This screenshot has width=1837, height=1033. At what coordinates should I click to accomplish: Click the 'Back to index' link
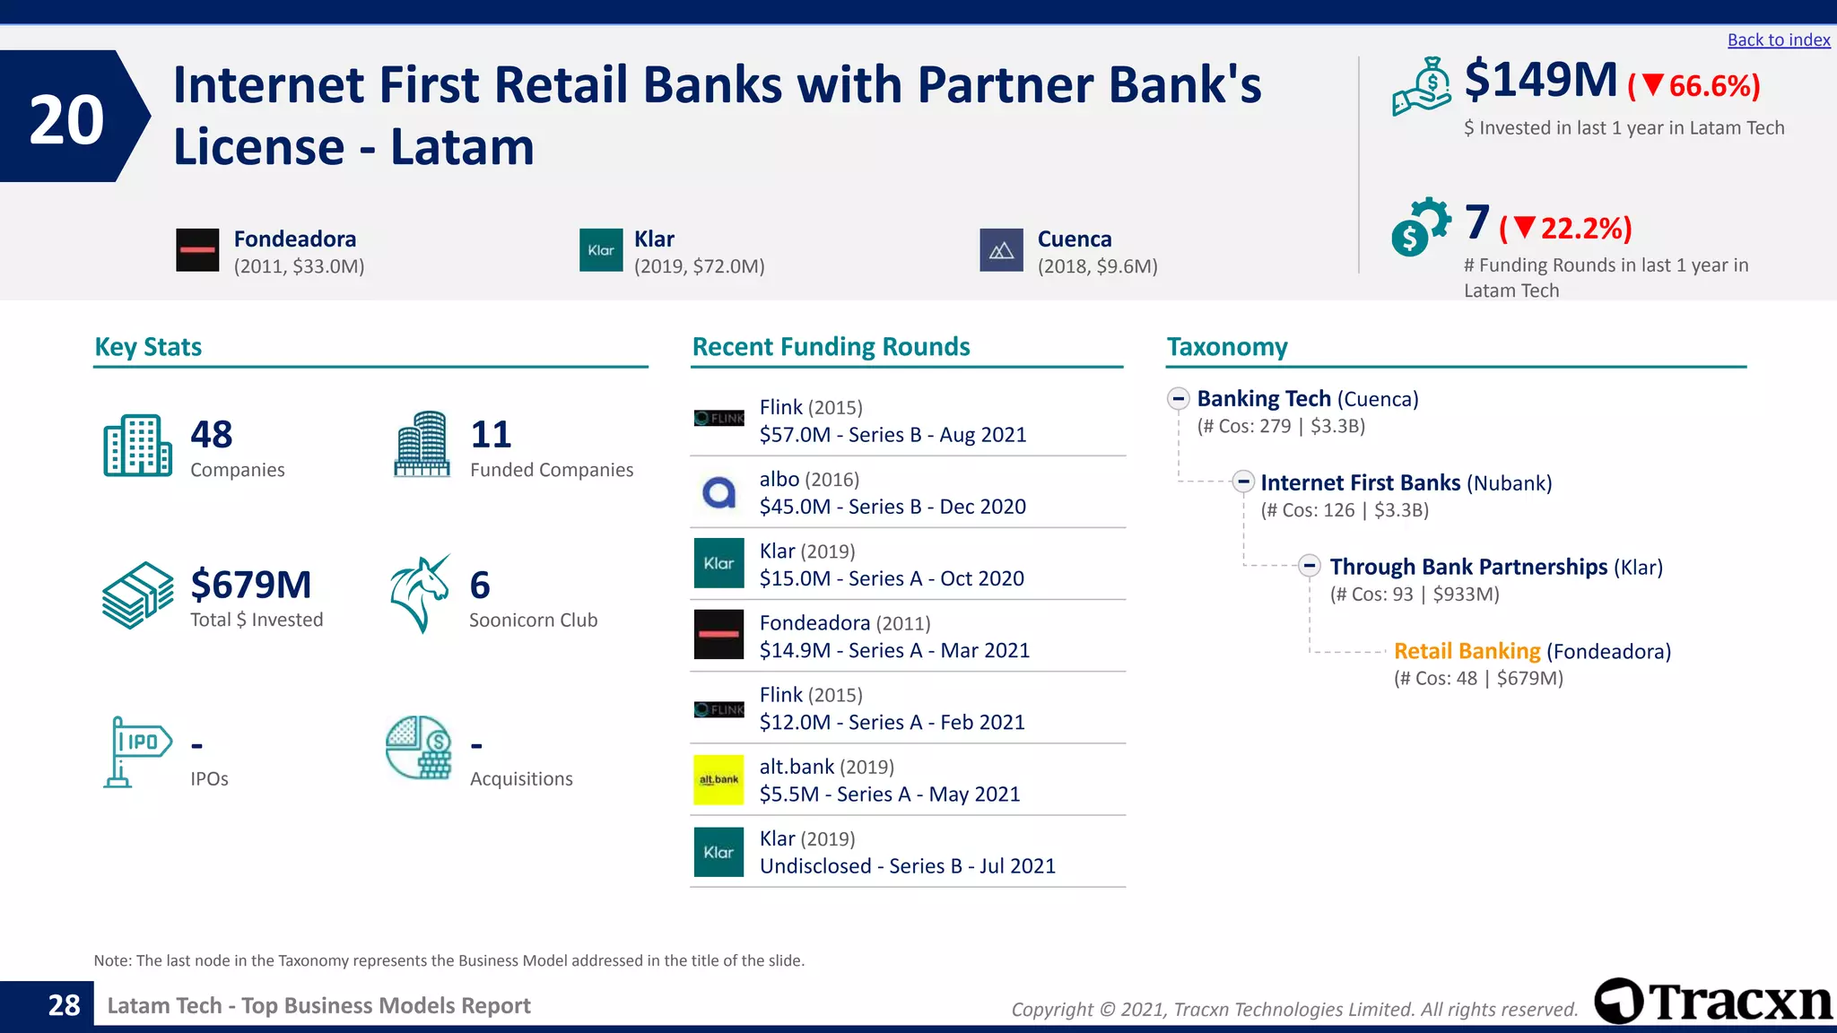[1778, 40]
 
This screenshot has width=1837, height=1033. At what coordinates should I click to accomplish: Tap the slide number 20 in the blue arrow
[66, 119]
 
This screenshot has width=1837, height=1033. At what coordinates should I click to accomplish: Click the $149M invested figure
[1540, 80]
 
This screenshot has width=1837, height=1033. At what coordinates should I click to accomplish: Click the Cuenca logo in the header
[1001, 250]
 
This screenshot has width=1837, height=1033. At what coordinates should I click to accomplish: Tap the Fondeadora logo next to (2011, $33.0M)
[197, 250]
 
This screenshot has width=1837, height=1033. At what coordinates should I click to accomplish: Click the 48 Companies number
[212, 435]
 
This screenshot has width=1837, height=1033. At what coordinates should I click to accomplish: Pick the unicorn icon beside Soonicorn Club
[420, 594]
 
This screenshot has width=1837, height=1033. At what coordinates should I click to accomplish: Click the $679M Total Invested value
[251, 586]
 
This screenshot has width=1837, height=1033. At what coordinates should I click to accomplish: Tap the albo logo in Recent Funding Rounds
[718, 492]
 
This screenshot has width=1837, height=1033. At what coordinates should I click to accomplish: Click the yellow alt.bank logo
[718, 779]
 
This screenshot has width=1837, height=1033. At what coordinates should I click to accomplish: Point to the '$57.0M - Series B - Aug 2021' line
[892, 435]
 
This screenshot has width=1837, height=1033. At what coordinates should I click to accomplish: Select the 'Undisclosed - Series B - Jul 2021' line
[907, 866]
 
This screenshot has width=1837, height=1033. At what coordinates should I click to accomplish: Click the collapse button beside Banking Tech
[1179, 399]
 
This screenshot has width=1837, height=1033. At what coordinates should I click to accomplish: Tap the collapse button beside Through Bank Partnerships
[1310, 566]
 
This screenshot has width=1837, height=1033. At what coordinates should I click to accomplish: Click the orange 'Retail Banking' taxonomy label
[1467, 651]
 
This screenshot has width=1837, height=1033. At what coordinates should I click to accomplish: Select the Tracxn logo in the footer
[1712, 1001]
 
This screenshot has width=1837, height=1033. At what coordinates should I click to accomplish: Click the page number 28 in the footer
[64, 1005]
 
